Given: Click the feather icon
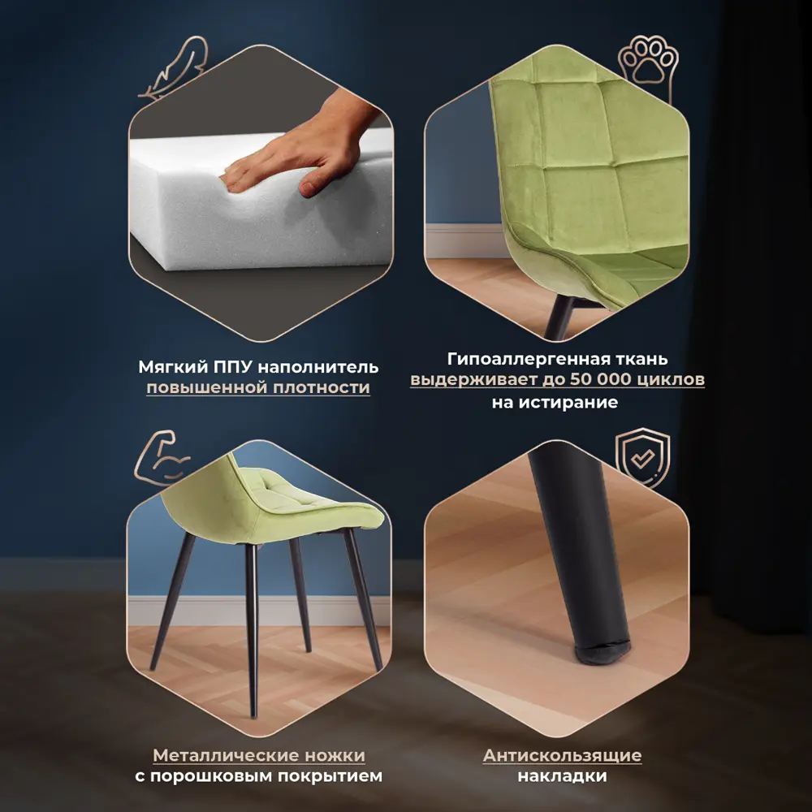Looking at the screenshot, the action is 174,67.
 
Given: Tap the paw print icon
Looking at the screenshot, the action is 648,67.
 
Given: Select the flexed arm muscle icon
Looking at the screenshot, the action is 162,458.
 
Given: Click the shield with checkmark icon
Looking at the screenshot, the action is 642,456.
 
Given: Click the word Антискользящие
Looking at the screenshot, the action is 563,755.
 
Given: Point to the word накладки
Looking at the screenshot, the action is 563,775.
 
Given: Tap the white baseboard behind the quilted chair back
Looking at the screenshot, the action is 466,241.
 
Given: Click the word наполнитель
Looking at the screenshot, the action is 318,367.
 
